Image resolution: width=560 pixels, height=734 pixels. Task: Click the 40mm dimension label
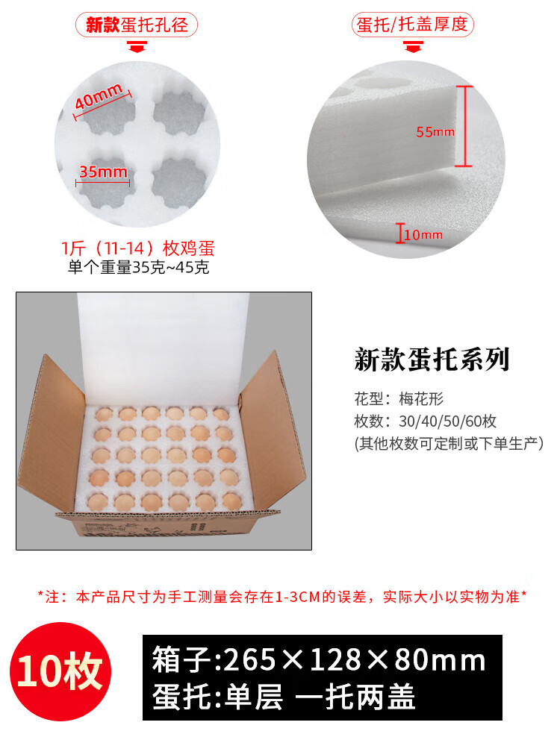(x=99, y=95)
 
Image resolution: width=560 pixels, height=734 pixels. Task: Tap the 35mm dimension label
(x=103, y=172)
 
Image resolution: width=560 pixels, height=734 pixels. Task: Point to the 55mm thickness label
(x=435, y=132)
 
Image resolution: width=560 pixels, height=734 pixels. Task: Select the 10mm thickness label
(x=423, y=234)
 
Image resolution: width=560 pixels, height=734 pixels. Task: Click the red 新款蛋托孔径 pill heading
(x=137, y=25)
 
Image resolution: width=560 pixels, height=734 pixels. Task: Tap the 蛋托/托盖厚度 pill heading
(x=412, y=25)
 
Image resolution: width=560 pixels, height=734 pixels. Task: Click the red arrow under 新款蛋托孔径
(x=137, y=46)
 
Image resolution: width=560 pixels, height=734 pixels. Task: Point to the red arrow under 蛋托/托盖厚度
(x=413, y=46)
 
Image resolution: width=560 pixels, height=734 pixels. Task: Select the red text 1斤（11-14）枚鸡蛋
(x=138, y=248)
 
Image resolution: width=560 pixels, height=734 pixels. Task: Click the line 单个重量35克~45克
(x=138, y=267)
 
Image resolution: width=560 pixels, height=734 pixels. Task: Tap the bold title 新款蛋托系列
(x=432, y=360)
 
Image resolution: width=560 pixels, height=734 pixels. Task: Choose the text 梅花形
(x=421, y=399)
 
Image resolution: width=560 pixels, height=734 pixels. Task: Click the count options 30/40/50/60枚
(x=447, y=421)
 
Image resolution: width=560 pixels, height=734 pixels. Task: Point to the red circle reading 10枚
(x=60, y=672)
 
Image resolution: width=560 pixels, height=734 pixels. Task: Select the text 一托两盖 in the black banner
(x=355, y=697)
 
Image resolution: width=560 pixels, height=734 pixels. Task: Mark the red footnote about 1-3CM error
(x=282, y=597)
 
